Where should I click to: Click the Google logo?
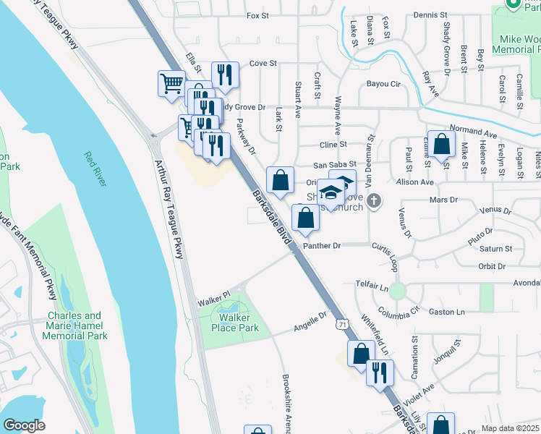click(x=24, y=425)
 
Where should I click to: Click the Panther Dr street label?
click(x=322, y=246)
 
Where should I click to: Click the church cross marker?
click(x=373, y=200)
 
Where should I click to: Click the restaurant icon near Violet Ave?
click(x=378, y=372)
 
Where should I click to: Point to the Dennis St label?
click(x=432, y=14)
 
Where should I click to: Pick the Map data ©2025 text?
click(x=509, y=428)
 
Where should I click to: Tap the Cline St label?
click(x=333, y=145)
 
